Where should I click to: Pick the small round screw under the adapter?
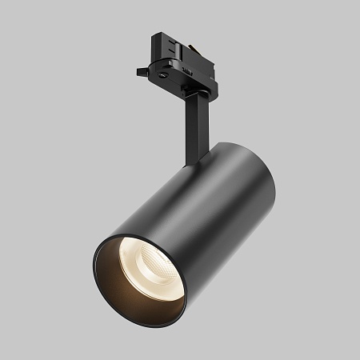pyautogui.click(x=165, y=74)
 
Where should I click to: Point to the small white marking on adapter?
pyautogui.click(x=185, y=70)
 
